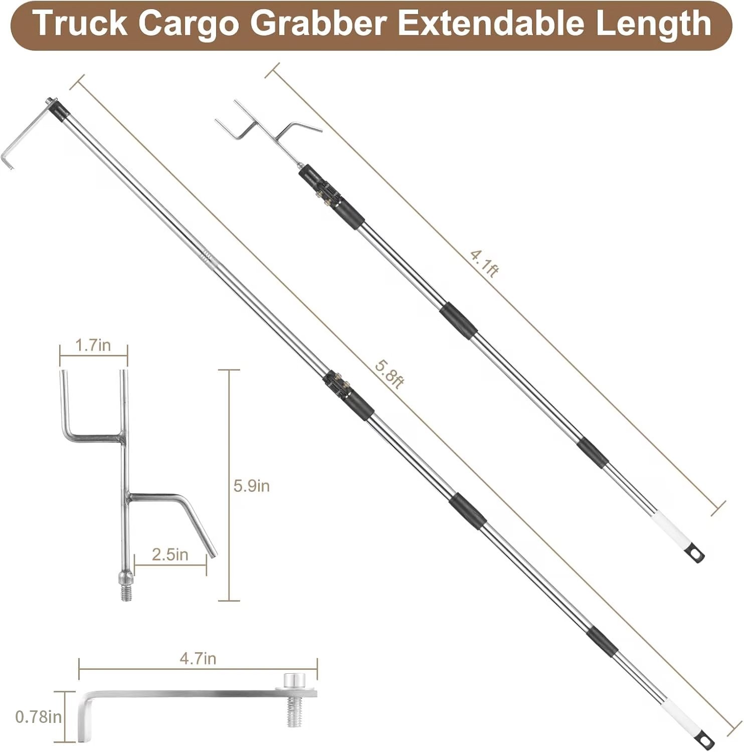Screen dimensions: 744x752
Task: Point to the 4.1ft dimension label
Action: point(485,263)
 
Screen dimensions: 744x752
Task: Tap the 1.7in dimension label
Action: point(93,345)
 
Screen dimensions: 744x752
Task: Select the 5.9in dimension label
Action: point(252,485)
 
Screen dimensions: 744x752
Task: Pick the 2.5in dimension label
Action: point(170,554)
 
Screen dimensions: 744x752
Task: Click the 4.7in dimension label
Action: point(198,658)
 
